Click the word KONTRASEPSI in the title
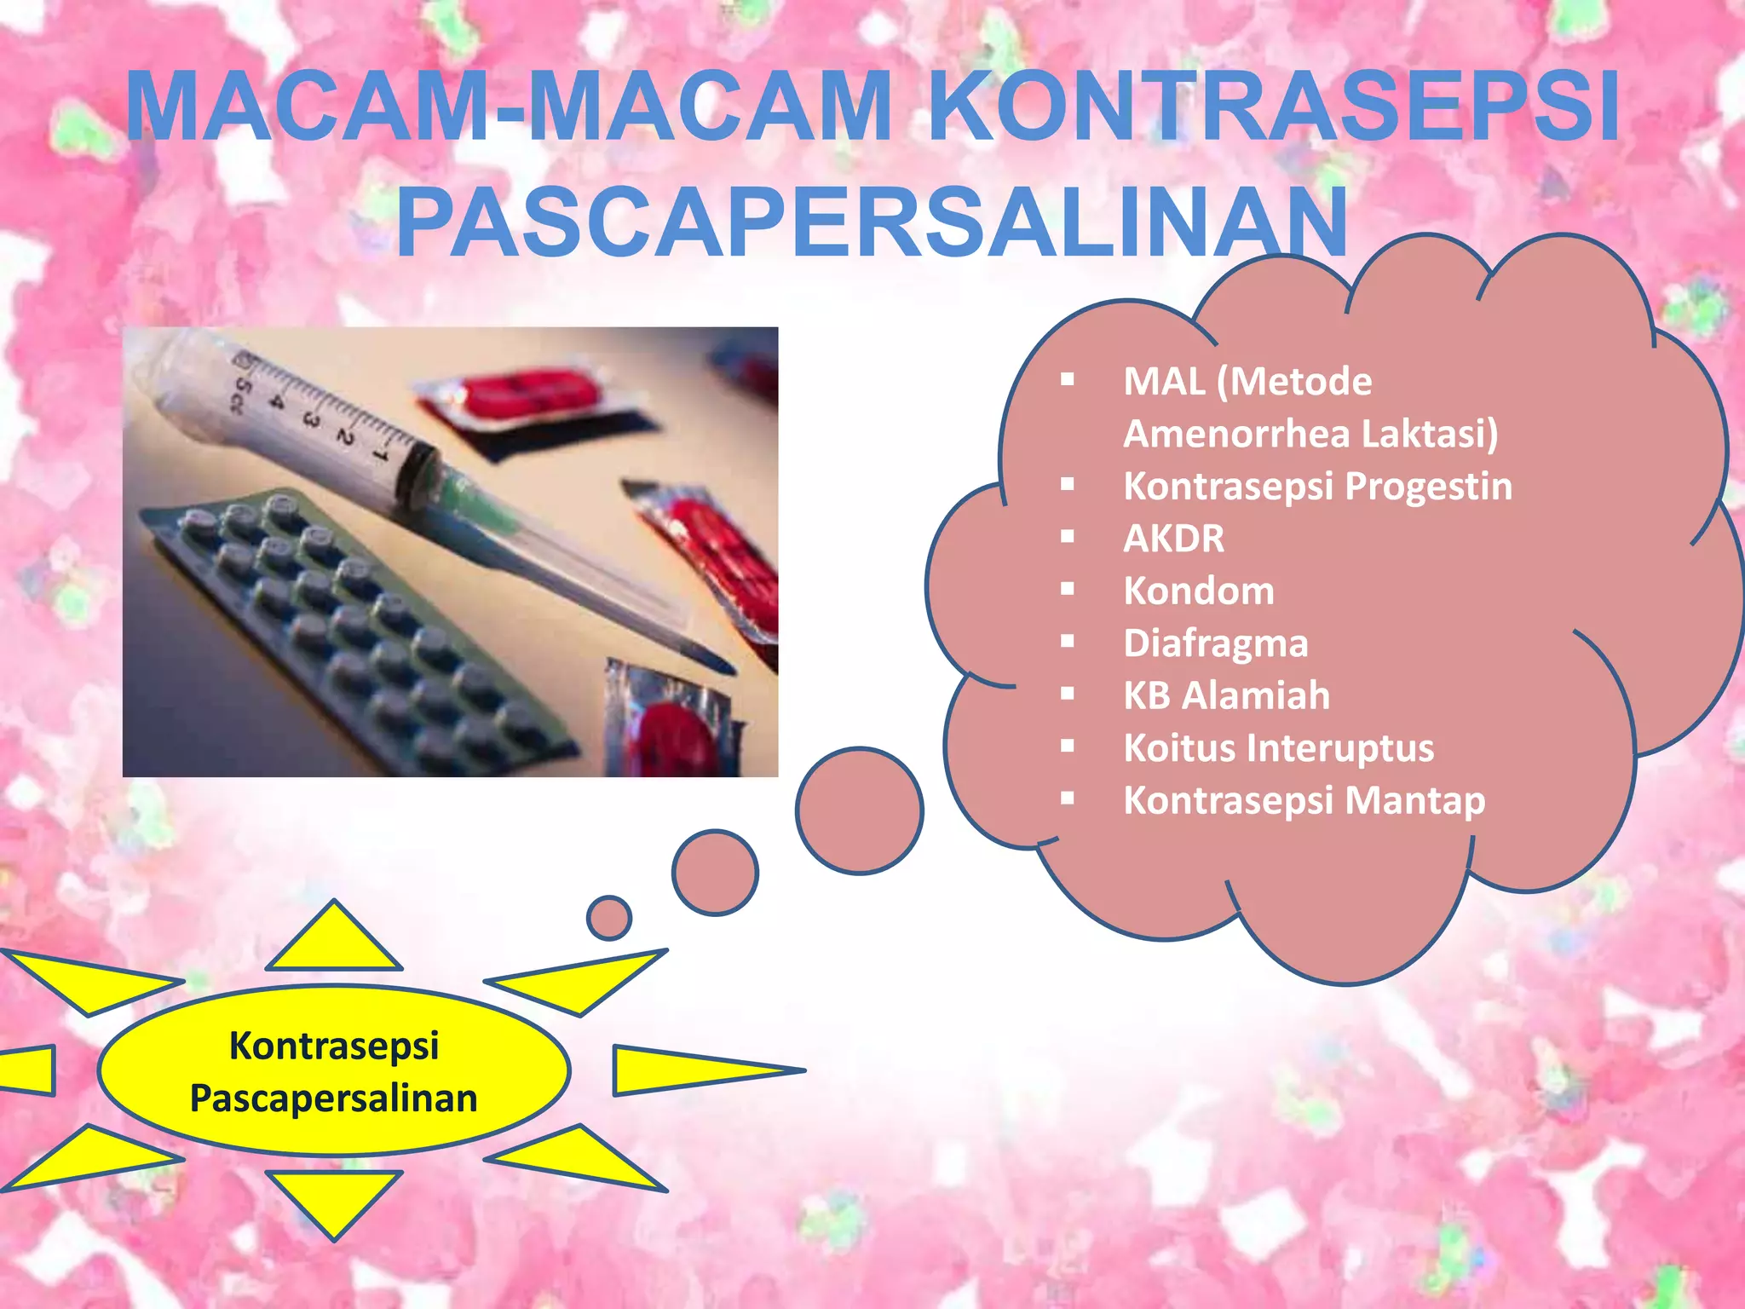click(1273, 107)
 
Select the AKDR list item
click(1173, 539)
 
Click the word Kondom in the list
click(1199, 591)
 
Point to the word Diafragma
click(1215, 643)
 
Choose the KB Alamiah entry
click(1226, 695)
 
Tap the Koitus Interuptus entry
click(1278, 748)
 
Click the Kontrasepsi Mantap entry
click(1304, 801)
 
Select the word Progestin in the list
click(1428, 487)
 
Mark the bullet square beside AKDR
click(1068, 537)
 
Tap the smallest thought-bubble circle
click(609, 918)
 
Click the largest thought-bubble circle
click(859, 810)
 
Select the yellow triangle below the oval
click(334, 1198)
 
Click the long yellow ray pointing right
click(690, 1070)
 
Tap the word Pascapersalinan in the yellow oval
click(333, 1099)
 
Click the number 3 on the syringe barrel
click(310, 419)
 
